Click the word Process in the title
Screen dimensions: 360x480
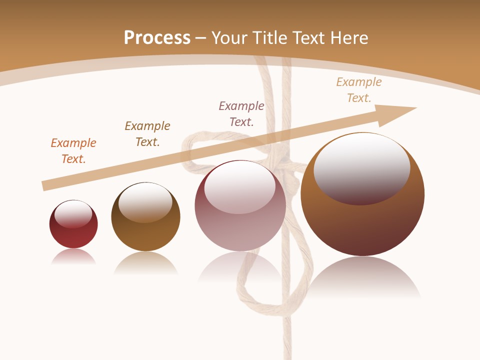157,37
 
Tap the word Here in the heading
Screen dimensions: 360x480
349,37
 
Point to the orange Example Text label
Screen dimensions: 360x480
73,150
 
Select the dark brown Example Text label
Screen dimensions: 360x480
147,133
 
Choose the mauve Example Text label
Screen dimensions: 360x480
241,113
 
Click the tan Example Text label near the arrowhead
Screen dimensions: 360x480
359,89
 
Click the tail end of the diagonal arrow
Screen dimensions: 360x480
45,186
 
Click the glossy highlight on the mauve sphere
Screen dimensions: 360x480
240,187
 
